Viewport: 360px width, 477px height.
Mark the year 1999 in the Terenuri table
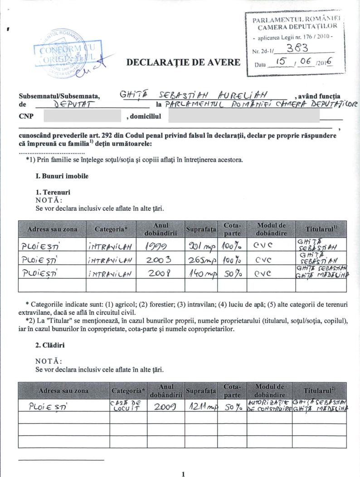[x=160, y=247]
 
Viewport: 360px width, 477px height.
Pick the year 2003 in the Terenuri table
[x=160, y=260]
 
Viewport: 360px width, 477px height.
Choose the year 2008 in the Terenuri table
[x=160, y=273]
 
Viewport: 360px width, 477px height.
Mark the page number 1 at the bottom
[x=183, y=474]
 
